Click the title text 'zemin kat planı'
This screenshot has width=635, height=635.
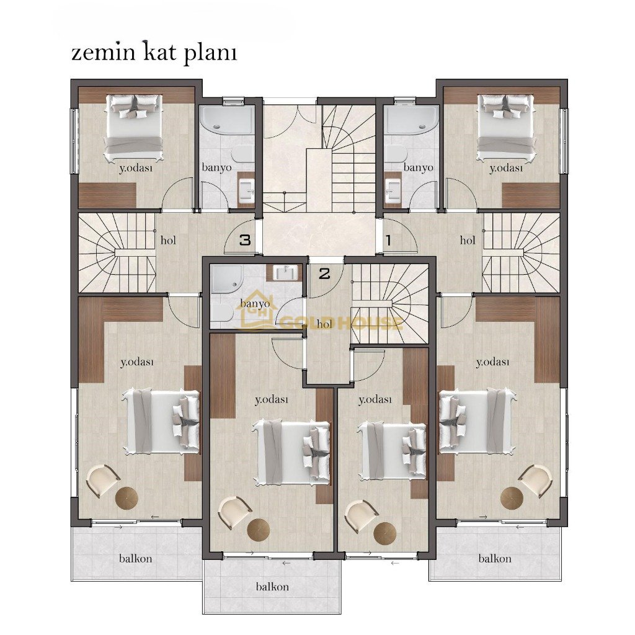coord(154,53)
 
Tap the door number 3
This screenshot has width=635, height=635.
coord(245,240)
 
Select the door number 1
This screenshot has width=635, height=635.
coord(388,240)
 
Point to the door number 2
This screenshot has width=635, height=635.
coord(324,274)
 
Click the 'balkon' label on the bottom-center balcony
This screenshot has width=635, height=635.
coord(272,587)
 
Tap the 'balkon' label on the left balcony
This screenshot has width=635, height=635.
coord(136,559)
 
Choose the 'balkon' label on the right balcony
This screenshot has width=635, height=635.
coord(495,559)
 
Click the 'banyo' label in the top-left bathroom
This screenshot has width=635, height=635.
coord(216,167)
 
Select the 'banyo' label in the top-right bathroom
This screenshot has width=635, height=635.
coord(419,167)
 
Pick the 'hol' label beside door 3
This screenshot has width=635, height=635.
coord(168,240)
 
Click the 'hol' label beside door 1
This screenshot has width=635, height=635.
coord(468,240)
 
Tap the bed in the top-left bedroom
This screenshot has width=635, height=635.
coord(134,127)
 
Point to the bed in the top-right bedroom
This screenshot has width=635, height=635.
coord(506,127)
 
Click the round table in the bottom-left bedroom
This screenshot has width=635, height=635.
coord(127,498)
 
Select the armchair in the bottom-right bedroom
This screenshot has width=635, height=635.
coord(535,481)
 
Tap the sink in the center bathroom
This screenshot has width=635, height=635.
coord(286,273)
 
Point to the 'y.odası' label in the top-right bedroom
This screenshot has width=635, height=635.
coord(506,168)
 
